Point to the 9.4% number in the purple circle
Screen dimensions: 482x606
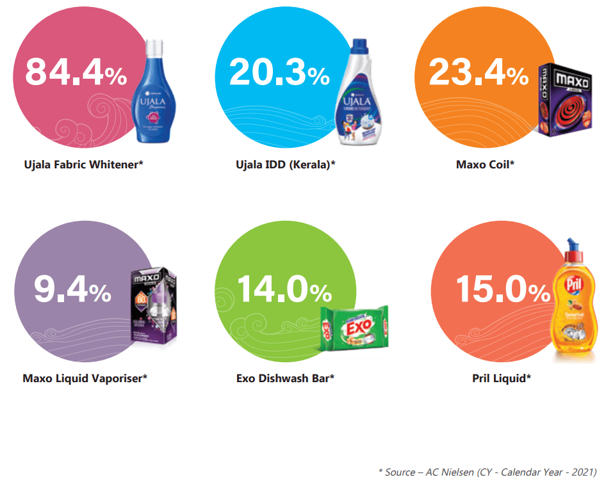[72, 291]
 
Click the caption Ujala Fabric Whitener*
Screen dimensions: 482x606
[83, 165]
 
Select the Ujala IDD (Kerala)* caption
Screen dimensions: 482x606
[286, 165]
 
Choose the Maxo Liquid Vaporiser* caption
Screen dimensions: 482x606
[85, 378]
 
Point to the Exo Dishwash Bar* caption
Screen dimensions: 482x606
[286, 378]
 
